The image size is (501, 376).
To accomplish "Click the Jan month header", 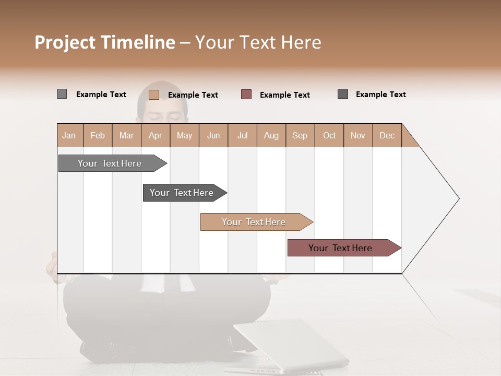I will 69,136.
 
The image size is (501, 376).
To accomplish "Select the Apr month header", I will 156,136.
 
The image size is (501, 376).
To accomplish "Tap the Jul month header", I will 243,136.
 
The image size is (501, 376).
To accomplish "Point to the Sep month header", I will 300,136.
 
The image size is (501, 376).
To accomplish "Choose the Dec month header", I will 387,136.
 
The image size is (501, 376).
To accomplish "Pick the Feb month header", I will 98,136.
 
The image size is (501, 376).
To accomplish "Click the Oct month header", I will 329,136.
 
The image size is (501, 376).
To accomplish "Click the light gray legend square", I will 62,94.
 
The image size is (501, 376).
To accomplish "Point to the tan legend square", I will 153,95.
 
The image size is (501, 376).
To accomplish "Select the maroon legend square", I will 246,95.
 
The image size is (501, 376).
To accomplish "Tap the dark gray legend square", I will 343,94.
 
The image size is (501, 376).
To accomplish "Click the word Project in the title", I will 64,42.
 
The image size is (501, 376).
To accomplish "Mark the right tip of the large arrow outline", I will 458,198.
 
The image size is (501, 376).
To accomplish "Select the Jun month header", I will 213,136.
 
